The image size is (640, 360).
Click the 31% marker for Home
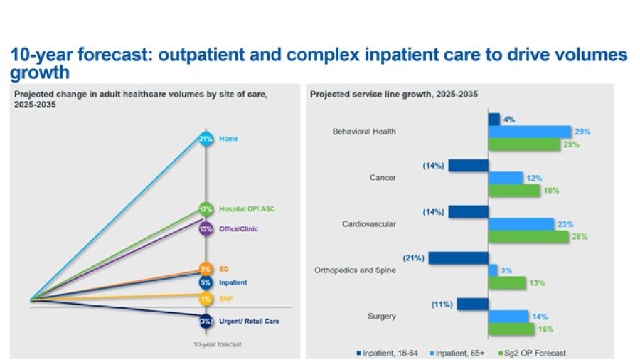tap(206, 139)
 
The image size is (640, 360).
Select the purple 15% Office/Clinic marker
tap(206, 229)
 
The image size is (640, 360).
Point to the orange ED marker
tap(206, 269)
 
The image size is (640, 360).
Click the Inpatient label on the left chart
tap(233, 282)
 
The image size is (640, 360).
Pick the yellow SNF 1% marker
tap(206, 300)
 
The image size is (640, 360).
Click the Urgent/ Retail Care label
tap(249, 322)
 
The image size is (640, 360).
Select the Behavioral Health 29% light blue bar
tap(529, 132)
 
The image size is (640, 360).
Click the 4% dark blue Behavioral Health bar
tap(494, 120)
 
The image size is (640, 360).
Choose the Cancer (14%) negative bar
tap(468, 166)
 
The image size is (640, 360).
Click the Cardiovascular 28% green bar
tap(528, 236)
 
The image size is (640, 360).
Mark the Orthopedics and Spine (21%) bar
tap(458, 258)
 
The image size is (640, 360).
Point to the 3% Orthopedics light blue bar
tap(493, 270)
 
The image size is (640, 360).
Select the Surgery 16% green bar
tap(511, 329)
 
